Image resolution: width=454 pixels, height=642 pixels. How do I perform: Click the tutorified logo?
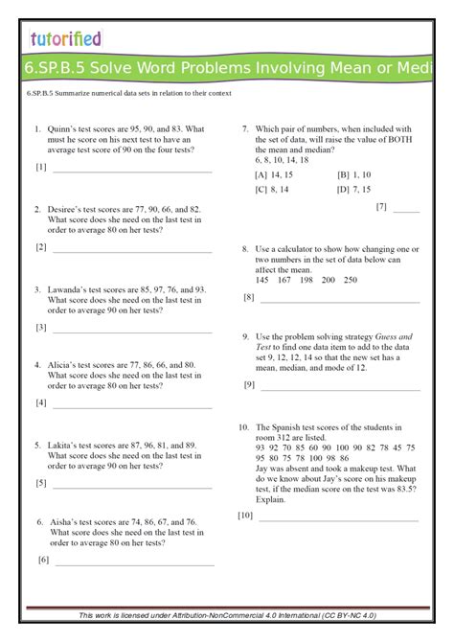click(64, 38)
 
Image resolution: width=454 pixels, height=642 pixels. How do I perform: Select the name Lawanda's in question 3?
click(67, 288)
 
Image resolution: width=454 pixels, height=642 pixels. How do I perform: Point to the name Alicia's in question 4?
click(62, 365)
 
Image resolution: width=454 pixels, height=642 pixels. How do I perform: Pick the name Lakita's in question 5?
click(62, 446)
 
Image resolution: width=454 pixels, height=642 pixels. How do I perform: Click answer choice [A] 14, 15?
click(274, 175)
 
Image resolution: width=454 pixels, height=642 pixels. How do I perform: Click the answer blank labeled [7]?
click(406, 209)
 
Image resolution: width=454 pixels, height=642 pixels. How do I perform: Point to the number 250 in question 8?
click(350, 280)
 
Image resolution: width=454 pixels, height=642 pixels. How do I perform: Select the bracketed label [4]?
click(41, 402)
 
